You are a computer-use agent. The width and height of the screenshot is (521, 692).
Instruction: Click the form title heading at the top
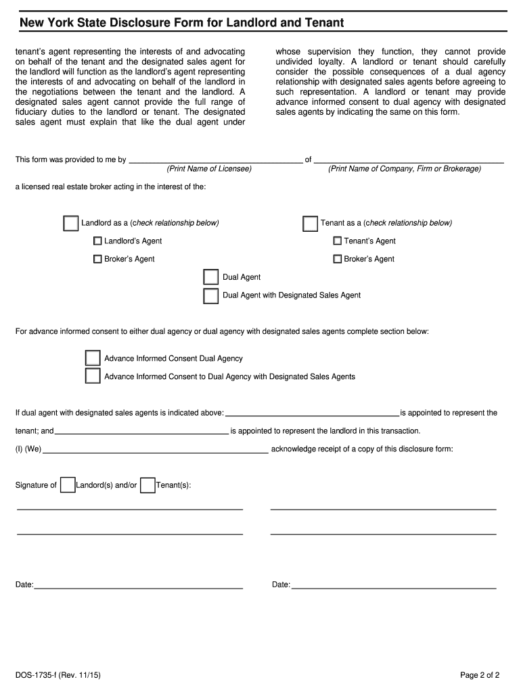[181, 23]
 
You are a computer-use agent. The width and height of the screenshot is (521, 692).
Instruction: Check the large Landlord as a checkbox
[70, 224]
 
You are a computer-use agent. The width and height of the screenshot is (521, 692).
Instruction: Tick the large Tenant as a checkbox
[310, 224]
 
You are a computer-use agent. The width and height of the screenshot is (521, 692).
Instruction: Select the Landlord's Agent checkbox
[97, 241]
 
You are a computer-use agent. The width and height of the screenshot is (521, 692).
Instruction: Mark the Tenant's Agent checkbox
[337, 241]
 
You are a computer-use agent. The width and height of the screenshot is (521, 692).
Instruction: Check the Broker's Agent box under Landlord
[97, 259]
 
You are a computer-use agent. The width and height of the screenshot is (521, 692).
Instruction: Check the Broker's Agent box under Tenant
[337, 259]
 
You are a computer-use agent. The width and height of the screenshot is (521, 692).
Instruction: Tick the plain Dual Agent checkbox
[211, 277]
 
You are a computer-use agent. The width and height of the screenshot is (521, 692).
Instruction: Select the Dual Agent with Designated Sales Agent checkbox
[211, 295]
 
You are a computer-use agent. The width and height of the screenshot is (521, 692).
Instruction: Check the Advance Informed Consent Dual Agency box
[93, 358]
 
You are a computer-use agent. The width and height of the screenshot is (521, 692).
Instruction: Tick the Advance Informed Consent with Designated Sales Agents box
[93, 376]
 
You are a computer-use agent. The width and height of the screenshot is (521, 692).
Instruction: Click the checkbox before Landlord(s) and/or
[68, 485]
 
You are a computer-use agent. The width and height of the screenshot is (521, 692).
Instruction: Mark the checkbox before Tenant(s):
[148, 485]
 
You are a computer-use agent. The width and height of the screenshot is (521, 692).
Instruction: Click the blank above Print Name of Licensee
[215, 159]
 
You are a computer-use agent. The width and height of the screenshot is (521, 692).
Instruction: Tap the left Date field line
[139, 585]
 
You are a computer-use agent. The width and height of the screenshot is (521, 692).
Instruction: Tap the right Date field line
[394, 585]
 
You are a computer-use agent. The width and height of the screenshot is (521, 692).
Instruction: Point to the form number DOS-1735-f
[58, 674]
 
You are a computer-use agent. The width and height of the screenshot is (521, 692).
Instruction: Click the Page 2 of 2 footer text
[479, 674]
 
